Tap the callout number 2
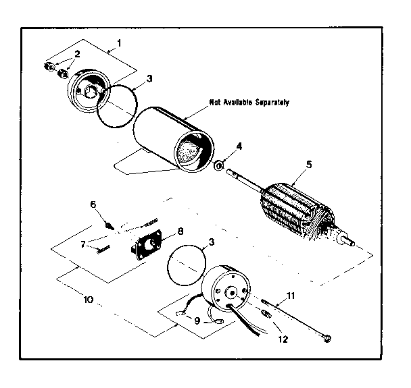point(78,53)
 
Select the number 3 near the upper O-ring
point(149,78)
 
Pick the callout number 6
point(93,203)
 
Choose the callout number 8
point(180,230)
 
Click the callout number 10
point(89,297)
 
